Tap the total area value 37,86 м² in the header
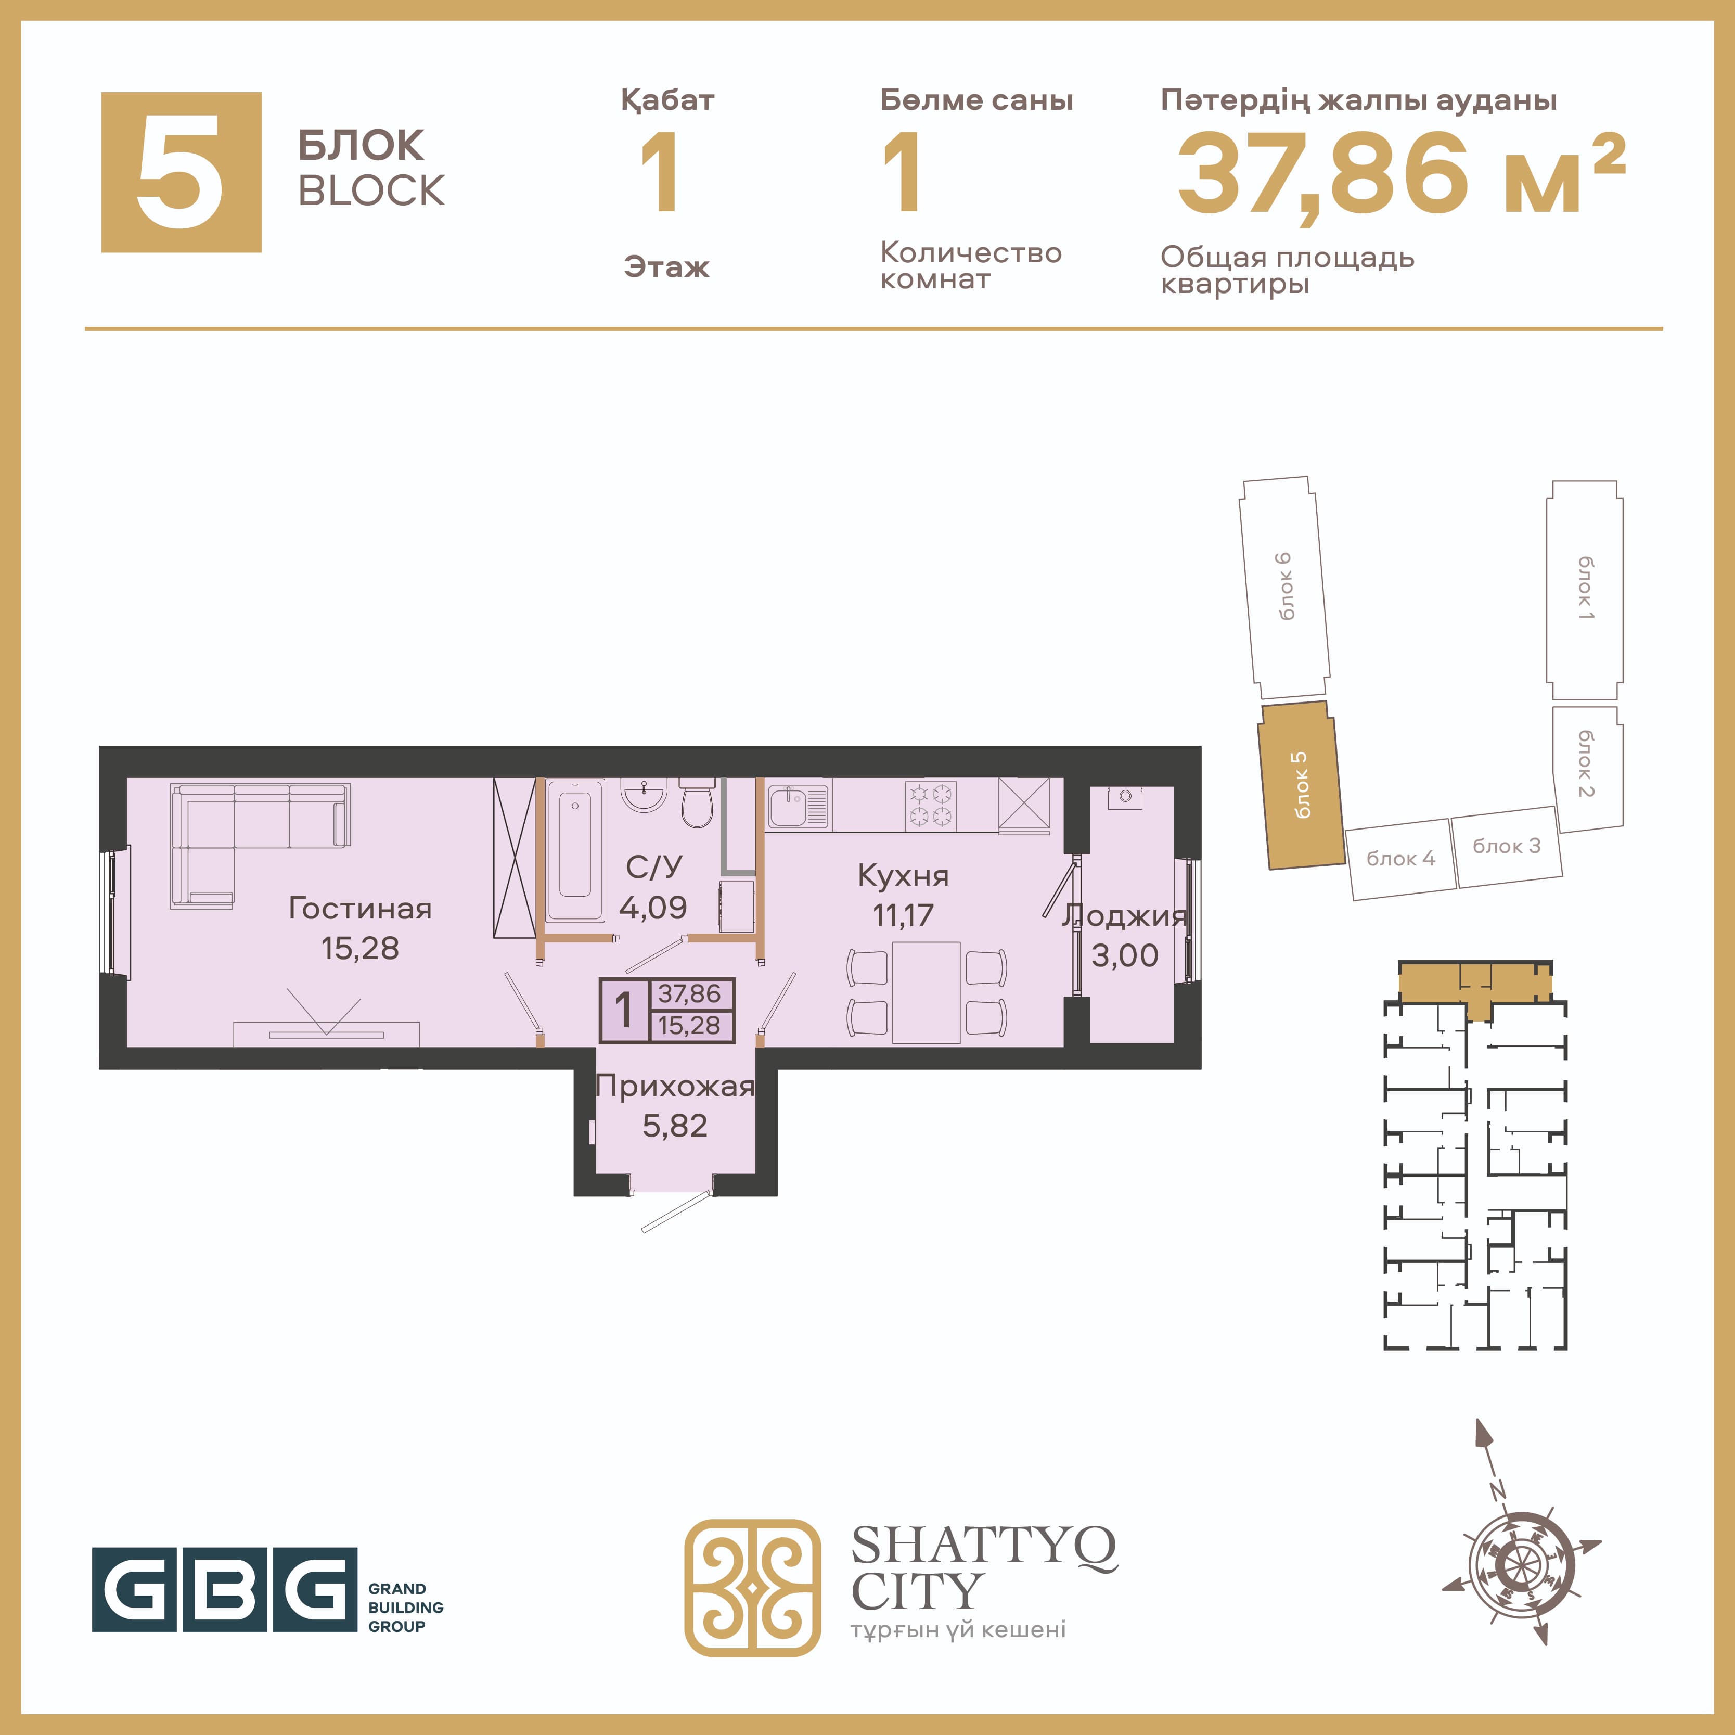click(x=1401, y=173)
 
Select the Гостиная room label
click(x=360, y=909)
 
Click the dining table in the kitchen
click(x=927, y=992)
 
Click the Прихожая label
click(x=675, y=1086)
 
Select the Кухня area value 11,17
click(x=904, y=915)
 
